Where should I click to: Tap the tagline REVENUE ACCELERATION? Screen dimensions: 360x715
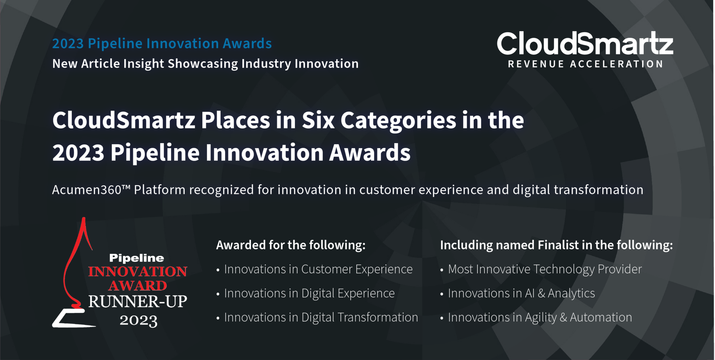pos(585,64)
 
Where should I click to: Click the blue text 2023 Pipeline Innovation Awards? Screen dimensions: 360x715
pos(162,44)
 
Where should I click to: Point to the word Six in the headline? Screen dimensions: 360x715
pos(318,120)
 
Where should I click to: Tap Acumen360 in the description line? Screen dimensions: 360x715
pos(87,190)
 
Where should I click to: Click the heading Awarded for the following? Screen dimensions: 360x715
pos(290,245)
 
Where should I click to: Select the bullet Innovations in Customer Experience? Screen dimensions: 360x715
pos(318,269)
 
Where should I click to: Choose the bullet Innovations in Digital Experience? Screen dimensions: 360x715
pos(309,293)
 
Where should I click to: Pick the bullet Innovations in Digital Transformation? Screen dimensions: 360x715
pos(321,317)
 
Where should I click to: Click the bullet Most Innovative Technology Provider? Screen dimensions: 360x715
pos(545,269)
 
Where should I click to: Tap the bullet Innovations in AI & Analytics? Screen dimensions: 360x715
pos(521,293)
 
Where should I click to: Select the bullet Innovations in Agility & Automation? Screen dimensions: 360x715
pos(540,317)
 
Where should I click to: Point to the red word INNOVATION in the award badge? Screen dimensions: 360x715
pos(138,272)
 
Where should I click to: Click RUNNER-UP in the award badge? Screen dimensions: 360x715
pos(138,302)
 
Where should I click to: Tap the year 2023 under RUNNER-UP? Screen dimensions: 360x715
pos(138,321)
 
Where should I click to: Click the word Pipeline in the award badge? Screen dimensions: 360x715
pos(137,258)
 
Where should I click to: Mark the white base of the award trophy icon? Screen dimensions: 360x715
pos(72,319)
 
